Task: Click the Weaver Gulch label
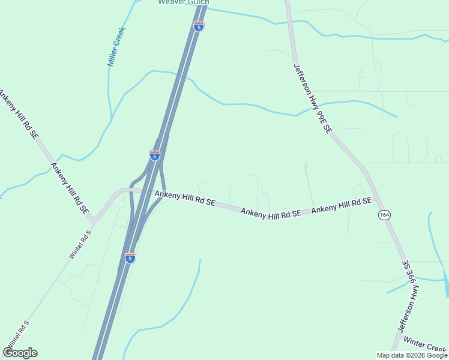pos(184,2)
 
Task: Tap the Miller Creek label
pos(116,46)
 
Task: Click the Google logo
pos(20,353)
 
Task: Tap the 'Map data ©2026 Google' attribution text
pos(412,355)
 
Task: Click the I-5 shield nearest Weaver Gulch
pos(199,26)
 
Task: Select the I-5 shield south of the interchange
pos(130,257)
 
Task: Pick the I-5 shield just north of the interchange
pos(155,156)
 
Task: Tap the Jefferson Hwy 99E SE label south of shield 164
pos(409,296)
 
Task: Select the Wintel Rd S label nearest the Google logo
pos(16,335)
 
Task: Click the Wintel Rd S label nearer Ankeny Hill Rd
pos(80,243)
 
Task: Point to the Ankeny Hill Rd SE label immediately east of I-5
pos(185,199)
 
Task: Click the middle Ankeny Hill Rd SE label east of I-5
pos(271,212)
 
